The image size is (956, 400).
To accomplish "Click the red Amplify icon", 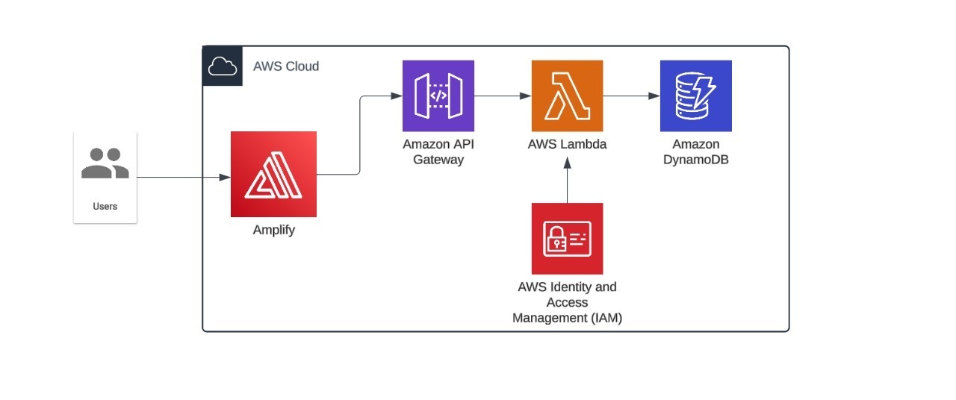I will coord(273,174).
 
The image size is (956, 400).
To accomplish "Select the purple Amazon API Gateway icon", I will coord(438,96).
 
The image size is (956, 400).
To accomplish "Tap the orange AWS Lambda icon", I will coord(567,96).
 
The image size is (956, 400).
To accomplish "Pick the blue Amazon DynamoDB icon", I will coord(695,96).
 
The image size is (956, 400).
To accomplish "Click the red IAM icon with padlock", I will coord(567,238).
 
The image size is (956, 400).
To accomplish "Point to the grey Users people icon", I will coord(105,163).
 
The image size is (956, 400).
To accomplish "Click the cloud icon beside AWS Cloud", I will coord(222,66).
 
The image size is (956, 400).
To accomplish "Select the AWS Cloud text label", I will coord(286,66).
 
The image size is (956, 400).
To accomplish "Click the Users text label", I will coord(105,206).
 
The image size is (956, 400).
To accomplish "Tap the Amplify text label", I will coord(273,230).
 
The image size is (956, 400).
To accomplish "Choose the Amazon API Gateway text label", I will coord(438,151).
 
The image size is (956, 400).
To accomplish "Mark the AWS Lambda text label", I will coord(567,145).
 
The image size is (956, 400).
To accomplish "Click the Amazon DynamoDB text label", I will coord(695,151).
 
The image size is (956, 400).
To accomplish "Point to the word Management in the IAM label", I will coord(548,318).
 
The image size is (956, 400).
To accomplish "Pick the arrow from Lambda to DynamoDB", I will coord(631,96).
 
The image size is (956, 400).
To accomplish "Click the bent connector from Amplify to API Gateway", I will coord(360,134).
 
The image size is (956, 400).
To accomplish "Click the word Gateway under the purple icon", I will coord(438,160).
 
